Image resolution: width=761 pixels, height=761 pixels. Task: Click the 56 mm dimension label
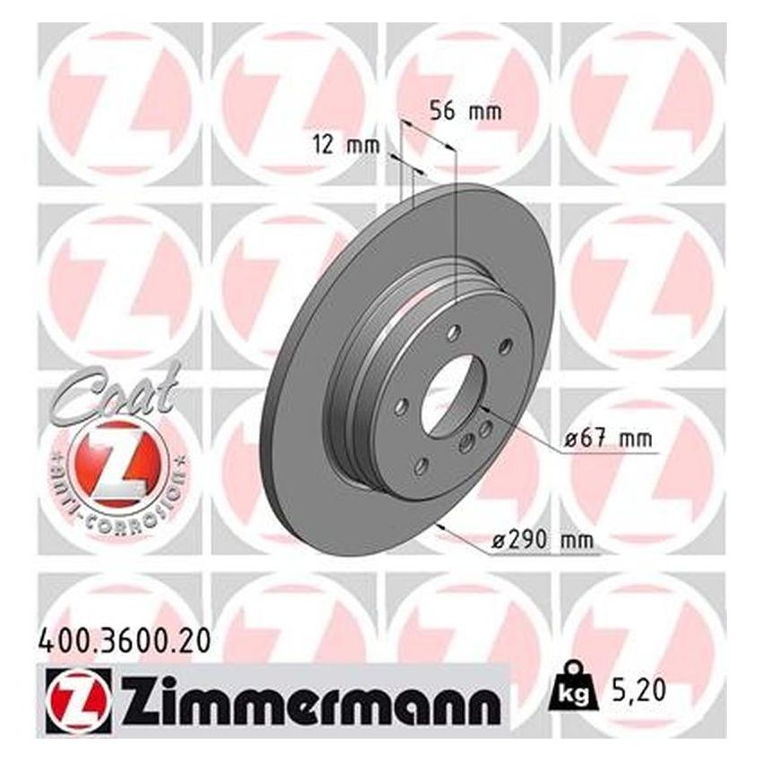click(465, 113)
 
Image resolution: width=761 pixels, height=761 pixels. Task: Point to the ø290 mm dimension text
click(544, 541)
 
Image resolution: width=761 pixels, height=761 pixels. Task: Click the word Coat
click(112, 394)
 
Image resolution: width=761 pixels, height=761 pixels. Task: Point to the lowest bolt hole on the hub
click(420, 465)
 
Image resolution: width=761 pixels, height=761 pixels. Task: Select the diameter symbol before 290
click(500, 542)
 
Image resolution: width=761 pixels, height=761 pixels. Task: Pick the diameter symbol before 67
click(569, 440)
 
